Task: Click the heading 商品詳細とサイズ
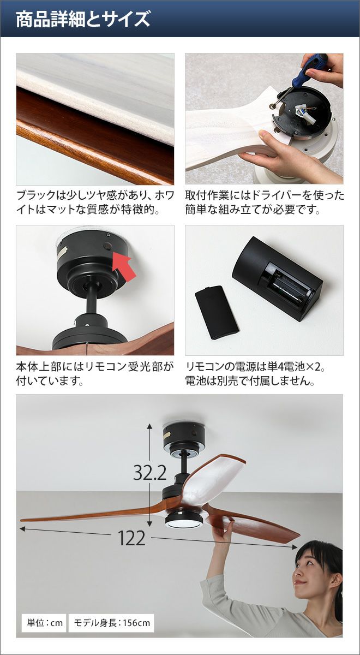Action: point(83,19)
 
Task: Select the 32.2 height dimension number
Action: point(149,473)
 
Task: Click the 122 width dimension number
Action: point(131,538)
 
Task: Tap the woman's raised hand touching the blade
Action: point(224,531)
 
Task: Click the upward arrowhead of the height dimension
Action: point(149,427)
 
